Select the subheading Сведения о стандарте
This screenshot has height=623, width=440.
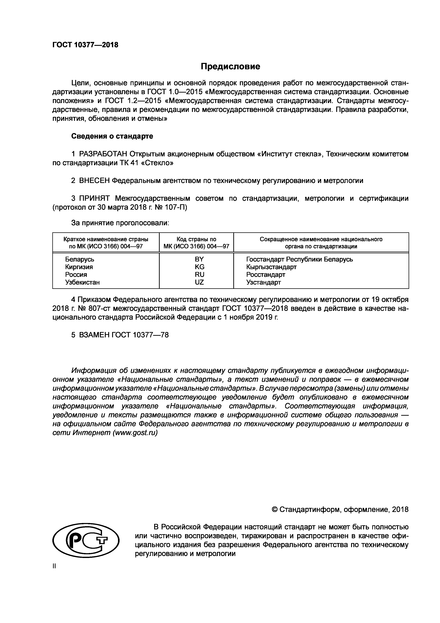tap(112, 136)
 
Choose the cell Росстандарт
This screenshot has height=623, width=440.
tap(266, 275)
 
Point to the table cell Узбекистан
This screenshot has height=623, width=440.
tap(82, 282)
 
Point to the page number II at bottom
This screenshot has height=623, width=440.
tap(54, 567)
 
